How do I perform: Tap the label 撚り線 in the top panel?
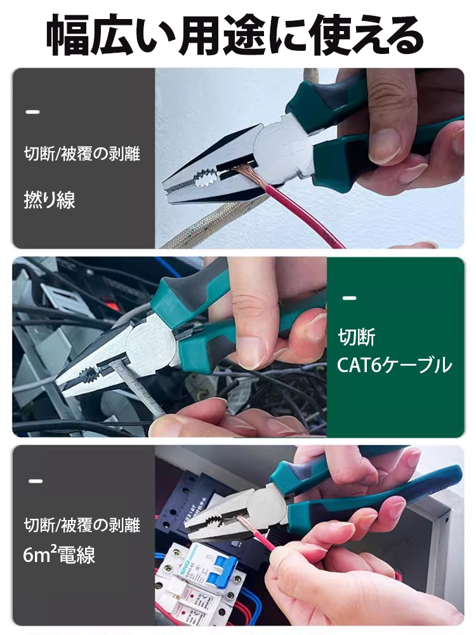(50, 201)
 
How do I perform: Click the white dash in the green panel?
(349, 298)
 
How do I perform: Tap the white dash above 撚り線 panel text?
(32, 112)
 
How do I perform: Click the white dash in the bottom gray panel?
(36, 481)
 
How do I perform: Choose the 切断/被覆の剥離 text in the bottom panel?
(81, 525)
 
